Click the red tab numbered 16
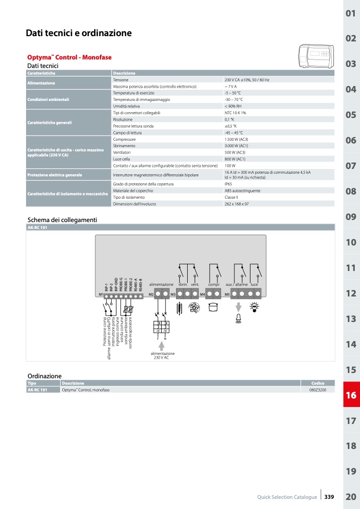point(350,395)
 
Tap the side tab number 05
point(350,115)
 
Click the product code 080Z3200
point(318,390)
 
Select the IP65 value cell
point(229,184)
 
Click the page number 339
point(329,497)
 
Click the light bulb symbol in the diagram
point(254,307)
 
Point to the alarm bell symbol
point(238,318)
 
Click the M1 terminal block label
point(101,294)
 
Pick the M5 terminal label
point(227,294)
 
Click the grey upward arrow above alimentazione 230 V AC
point(162,345)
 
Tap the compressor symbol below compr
point(213,307)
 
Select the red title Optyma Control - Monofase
point(69,57)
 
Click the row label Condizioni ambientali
point(48,99)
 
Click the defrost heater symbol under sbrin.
point(179,307)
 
